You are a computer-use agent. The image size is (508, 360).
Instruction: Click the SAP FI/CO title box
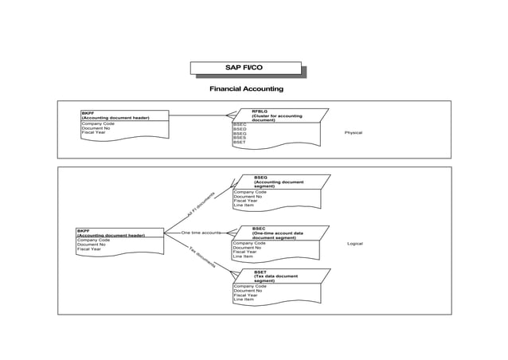click(245, 68)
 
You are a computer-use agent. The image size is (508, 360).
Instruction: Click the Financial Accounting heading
click(245, 88)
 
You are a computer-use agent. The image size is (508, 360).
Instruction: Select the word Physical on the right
click(353, 132)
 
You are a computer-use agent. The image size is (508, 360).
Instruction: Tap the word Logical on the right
click(354, 243)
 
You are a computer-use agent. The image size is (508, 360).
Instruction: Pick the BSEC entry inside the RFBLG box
click(240, 124)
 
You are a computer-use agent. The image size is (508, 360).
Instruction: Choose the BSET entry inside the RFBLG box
click(240, 143)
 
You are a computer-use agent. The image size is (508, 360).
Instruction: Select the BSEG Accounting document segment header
click(278, 182)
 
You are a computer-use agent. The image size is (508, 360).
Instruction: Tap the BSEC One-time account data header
click(278, 233)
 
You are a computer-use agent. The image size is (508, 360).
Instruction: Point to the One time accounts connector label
click(201, 233)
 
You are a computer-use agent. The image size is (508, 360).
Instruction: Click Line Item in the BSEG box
click(244, 206)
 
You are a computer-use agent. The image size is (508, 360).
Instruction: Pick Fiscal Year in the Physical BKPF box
click(93, 133)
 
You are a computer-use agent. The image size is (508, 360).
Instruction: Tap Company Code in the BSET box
click(249, 285)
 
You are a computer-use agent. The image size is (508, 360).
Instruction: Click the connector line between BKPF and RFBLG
click(199, 115)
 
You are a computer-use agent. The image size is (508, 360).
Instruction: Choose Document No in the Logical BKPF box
click(91, 245)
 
